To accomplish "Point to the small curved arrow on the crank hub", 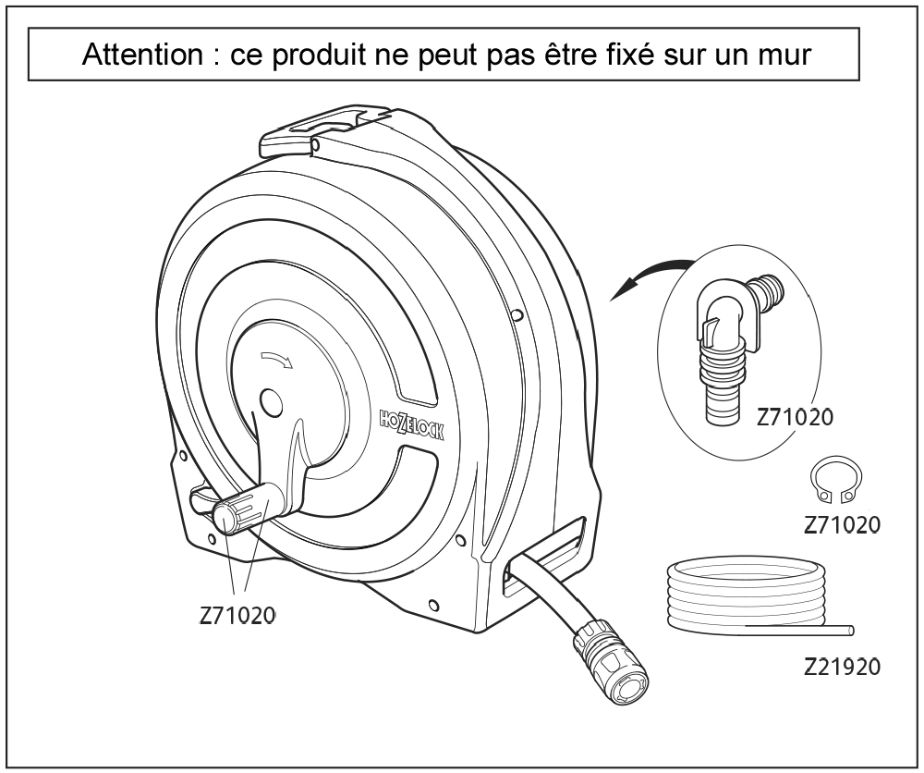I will [x=276, y=358].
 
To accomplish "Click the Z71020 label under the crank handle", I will [x=237, y=615].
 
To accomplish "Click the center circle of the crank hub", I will [x=271, y=402].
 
